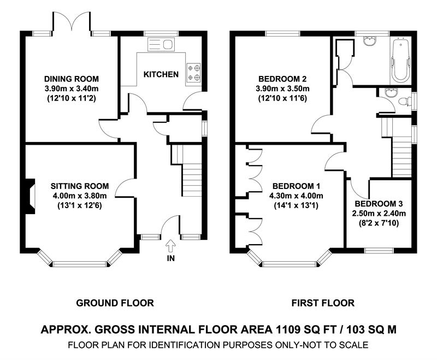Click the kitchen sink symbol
click(x=161, y=45)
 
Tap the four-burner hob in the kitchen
click(x=193, y=73)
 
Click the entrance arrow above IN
click(x=170, y=246)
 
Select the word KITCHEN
click(x=161, y=74)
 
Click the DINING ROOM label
click(x=72, y=79)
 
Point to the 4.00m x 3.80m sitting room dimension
click(x=80, y=196)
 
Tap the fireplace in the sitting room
click(x=30, y=196)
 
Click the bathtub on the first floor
click(x=401, y=61)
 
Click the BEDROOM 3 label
click(x=379, y=204)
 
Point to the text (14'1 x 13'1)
click(x=296, y=205)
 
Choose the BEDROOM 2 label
click(x=282, y=79)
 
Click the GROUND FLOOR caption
click(x=115, y=303)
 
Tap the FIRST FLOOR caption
click(x=323, y=303)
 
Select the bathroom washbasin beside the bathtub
click(x=370, y=42)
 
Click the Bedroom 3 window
click(x=379, y=250)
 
